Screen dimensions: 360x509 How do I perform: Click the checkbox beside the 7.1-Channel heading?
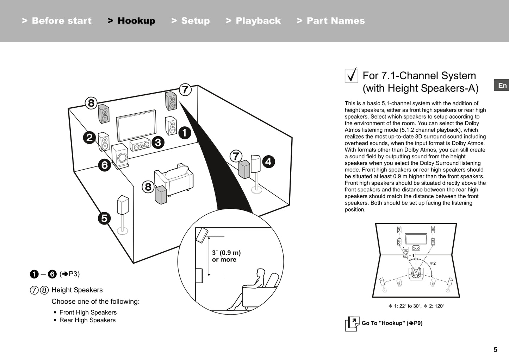pyautogui.click(x=351, y=76)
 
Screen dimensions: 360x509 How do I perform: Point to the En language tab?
pyautogui.click(x=502, y=86)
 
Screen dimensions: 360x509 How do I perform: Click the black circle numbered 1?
pyautogui.click(x=185, y=133)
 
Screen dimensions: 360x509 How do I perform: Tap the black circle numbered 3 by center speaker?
pyautogui.click(x=158, y=142)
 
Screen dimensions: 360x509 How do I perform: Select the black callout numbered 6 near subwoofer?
pyautogui.click(x=105, y=165)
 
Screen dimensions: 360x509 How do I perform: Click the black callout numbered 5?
pyautogui.click(x=104, y=218)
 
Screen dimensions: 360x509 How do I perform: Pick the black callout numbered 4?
pyautogui.click(x=268, y=162)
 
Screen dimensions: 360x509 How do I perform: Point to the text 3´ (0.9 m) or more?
pyautogui.click(x=226, y=256)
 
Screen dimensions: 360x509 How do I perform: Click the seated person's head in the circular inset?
pyautogui.click(x=261, y=274)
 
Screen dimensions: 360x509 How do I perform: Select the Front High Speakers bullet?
pyautogui.click(x=88, y=312)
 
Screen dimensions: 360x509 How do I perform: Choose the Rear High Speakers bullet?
pyautogui.click(x=87, y=320)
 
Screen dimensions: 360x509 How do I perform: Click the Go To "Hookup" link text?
pyautogui.click(x=392, y=323)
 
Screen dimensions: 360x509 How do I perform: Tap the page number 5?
pyautogui.click(x=495, y=349)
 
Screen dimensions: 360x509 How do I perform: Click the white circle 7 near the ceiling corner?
pyautogui.click(x=185, y=90)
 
